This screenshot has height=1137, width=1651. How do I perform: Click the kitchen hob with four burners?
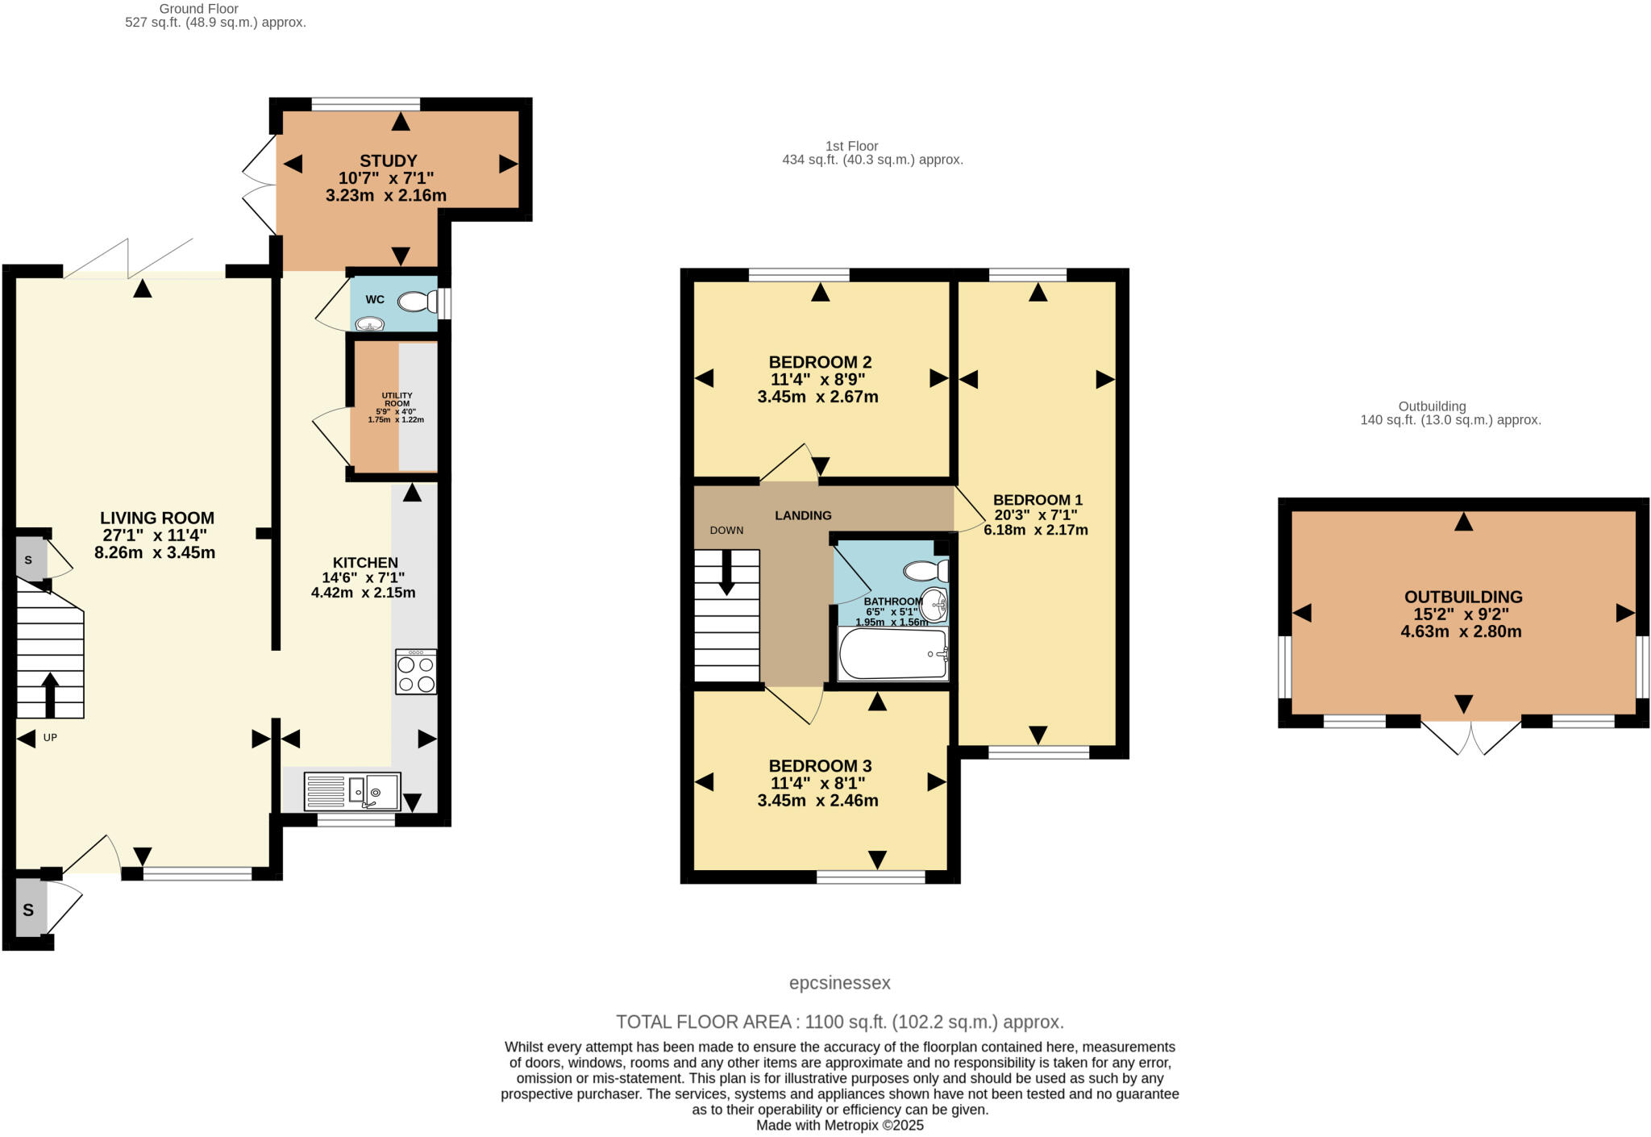[416, 672]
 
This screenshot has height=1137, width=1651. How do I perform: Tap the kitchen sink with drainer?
[352, 792]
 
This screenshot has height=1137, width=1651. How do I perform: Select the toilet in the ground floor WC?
[418, 302]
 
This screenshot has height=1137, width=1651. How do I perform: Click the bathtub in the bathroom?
[892, 654]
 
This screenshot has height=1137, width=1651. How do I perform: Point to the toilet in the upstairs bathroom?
[925, 571]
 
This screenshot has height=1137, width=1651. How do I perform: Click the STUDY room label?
[388, 160]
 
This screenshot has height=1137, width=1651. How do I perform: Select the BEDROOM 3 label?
[820, 765]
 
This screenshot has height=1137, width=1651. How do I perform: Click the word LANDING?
[803, 515]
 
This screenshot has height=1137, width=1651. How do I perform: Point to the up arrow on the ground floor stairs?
[50, 693]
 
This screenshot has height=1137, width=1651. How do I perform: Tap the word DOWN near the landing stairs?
[726, 530]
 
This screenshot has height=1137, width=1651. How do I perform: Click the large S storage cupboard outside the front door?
[29, 910]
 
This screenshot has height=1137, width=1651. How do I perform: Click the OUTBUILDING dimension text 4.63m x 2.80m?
[1461, 631]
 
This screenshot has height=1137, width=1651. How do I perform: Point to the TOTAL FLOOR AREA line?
[839, 1022]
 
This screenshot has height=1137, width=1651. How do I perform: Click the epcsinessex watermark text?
[839, 982]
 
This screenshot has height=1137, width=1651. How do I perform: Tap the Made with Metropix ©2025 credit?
[839, 1125]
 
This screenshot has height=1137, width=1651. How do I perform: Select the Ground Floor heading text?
[198, 9]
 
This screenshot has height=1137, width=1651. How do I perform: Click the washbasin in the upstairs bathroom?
[934, 602]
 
